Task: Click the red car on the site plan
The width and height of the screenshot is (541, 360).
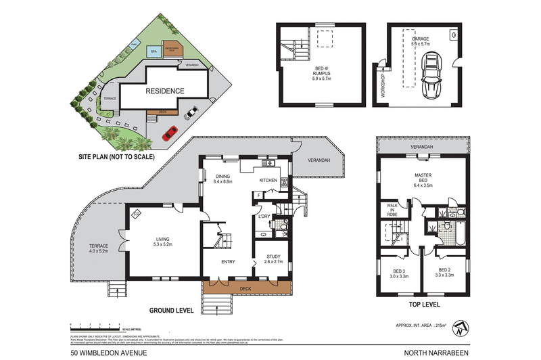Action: click(x=170, y=130)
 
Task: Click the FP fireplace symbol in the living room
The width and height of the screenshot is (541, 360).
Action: click(x=137, y=215)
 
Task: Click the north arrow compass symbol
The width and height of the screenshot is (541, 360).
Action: click(x=461, y=330)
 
